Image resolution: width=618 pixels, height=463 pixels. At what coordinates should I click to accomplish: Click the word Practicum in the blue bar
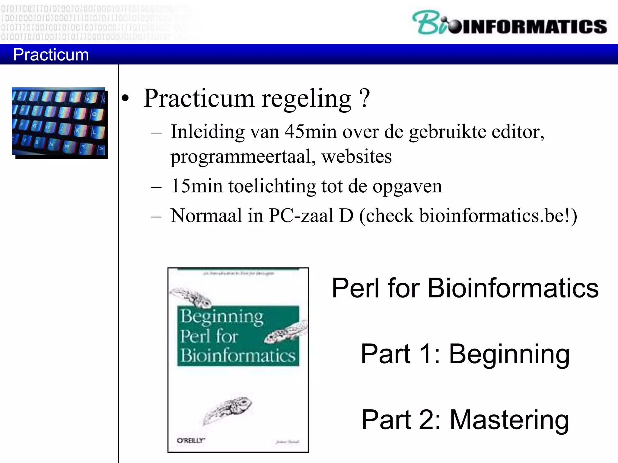click(51, 55)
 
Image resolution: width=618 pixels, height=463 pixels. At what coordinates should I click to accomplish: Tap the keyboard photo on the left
click(59, 122)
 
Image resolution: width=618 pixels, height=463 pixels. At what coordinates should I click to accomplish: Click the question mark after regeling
click(365, 98)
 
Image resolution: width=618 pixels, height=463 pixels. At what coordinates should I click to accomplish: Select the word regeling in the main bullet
click(306, 99)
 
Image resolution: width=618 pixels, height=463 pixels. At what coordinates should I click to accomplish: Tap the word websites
click(356, 156)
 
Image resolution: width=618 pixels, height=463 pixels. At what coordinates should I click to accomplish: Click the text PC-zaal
click(301, 216)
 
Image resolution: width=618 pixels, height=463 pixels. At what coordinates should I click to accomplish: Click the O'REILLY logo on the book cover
click(191, 440)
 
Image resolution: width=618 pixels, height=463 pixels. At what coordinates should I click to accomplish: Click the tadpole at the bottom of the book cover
click(228, 408)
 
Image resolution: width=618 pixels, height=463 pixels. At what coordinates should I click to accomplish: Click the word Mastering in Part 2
click(509, 420)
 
